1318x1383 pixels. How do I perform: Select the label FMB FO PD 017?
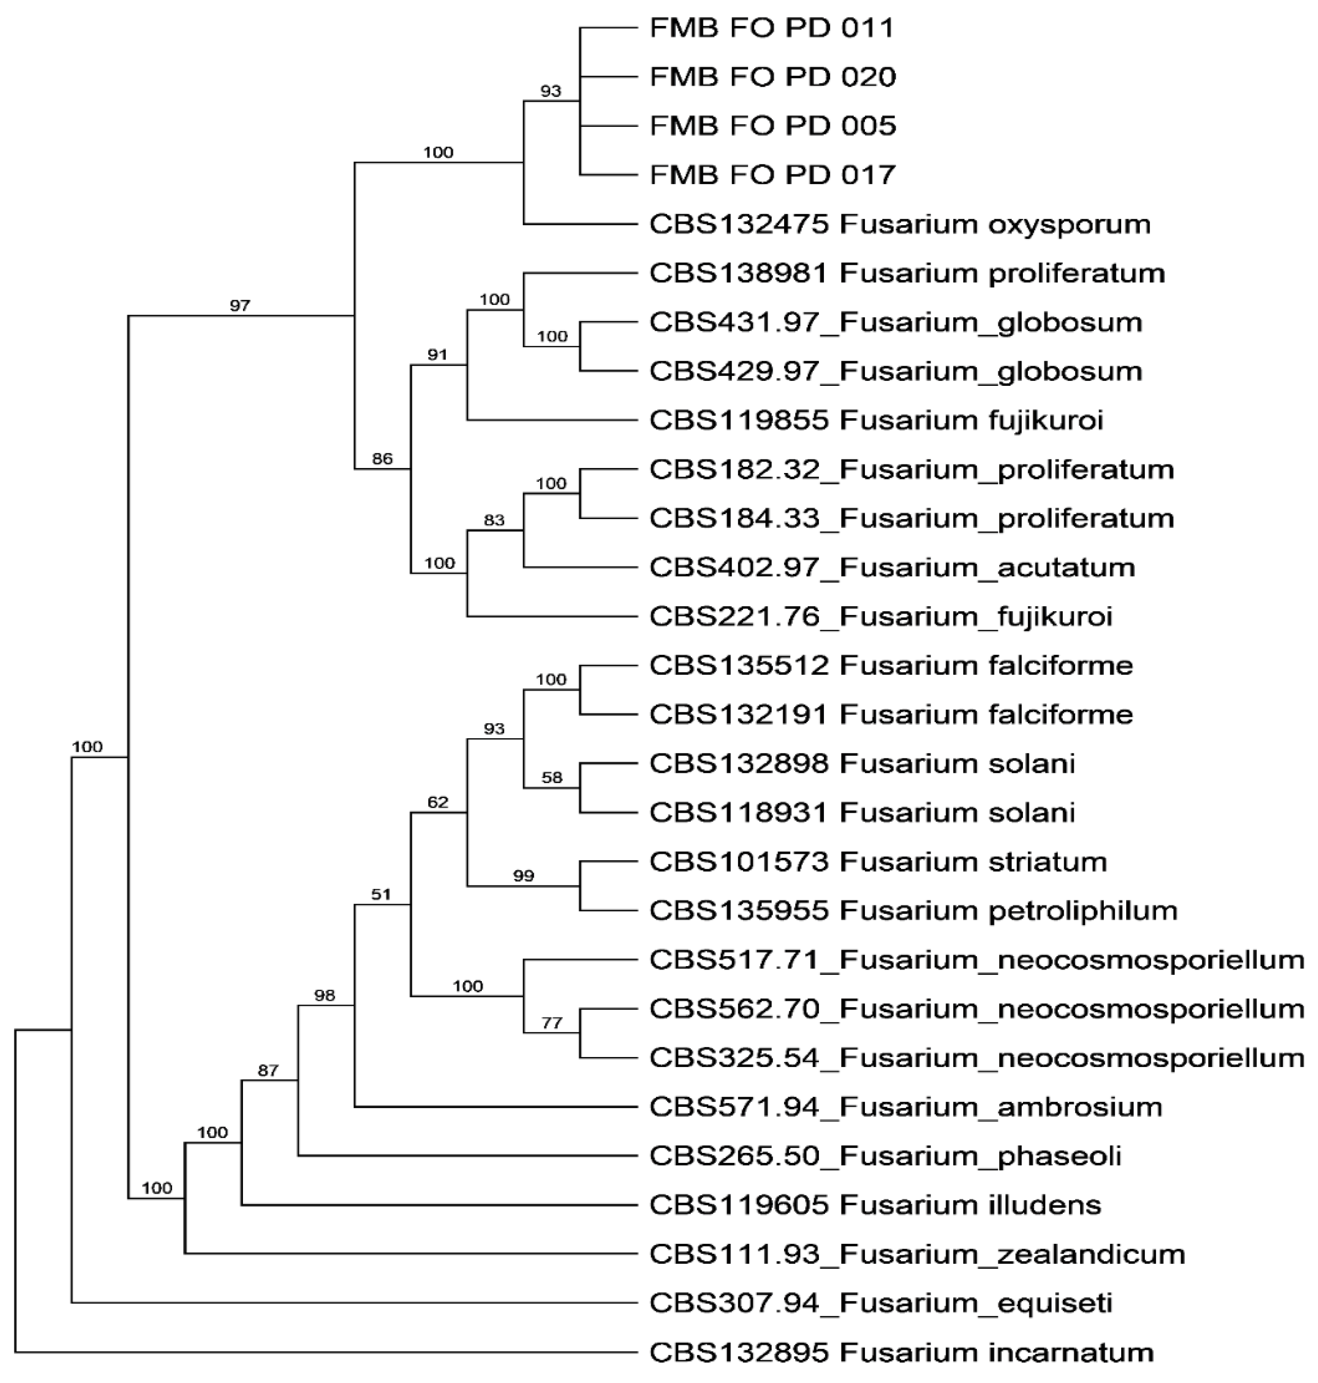772,175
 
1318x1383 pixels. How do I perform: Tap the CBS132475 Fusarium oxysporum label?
899,224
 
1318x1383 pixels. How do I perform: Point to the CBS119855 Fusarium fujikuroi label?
876,420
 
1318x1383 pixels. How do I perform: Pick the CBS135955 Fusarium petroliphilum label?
912,910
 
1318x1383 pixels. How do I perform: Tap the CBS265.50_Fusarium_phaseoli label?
885,1156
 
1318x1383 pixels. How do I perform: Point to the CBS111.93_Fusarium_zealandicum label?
917,1254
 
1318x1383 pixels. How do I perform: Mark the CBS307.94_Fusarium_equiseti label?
880,1303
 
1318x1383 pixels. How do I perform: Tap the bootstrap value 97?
240,305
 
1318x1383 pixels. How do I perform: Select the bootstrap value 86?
382,459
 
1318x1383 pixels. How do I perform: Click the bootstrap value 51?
381,894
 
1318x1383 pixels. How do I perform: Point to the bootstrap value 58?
552,778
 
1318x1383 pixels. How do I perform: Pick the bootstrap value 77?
552,1023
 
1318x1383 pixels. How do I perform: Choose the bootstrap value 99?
523,876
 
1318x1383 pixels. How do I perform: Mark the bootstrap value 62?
438,802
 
